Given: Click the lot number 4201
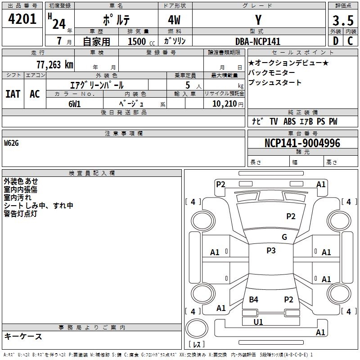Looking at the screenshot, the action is pyautogui.click(x=22, y=19).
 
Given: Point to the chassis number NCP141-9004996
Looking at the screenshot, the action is pyautogui.click(x=302, y=143).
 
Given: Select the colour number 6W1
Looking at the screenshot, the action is pyautogui.click(x=75, y=104).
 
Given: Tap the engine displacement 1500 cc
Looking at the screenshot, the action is pyautogui.click(x=137, y=41).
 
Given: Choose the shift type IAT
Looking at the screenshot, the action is pyautogui.click(x=13, y=94).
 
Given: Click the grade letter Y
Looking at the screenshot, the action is pyautogui.click(x=258, y=20).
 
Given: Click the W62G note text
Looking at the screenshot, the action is pyautogui.click(x=12, y=143).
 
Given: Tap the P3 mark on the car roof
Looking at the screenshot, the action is pyautogui.click(x=271, y=251).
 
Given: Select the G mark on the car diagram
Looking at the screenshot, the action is pyautogui.click(x=284, y=237).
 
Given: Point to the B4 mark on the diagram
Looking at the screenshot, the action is pyautogui.click(x=254, y=300).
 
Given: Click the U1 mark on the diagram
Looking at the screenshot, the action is pyautogui.click(x=258, y=322).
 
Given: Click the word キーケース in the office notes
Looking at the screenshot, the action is pyautogui.click(x=23, y=336).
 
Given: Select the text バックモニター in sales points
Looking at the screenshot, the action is pyautogui.click(x=272, y=73).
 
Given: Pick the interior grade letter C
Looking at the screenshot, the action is pyautogui.click(x=350, y=41).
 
